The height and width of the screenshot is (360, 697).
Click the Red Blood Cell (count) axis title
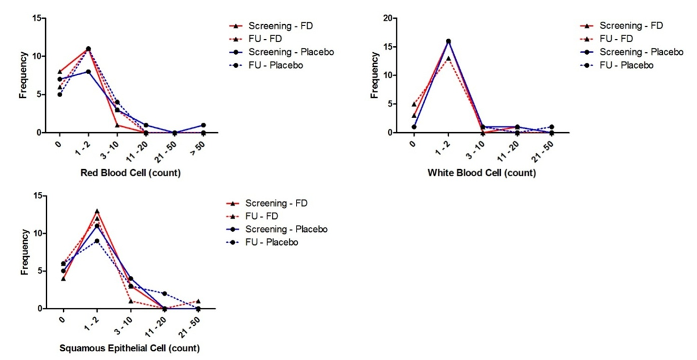click(x=131, y=173)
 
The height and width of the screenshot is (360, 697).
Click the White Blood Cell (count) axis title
click(x=481, y=173)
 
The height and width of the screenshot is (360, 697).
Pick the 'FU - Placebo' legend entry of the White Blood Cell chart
click(x=626, y=65)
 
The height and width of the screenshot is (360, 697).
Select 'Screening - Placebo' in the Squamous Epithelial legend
click(x=286, y=229)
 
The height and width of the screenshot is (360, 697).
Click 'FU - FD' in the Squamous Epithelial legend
click(x=262, y=216)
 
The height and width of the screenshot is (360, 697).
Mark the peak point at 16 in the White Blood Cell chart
click(x=448, y=41)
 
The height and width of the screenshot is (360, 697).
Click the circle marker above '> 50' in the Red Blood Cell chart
click(x=203, y=125)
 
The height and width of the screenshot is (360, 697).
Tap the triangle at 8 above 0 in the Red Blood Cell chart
click(x=60, y=72)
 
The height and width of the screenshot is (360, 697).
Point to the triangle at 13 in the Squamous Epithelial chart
click(x=96, y=211)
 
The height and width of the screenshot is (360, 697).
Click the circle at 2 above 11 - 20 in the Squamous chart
click(x=164, y=293)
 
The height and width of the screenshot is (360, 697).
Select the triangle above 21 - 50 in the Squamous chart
click(x=198, y=301)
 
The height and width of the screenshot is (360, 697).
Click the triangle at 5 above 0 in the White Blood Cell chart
click(x=414, y=104)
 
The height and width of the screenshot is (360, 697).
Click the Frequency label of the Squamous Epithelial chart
click(x=25, y=252)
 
